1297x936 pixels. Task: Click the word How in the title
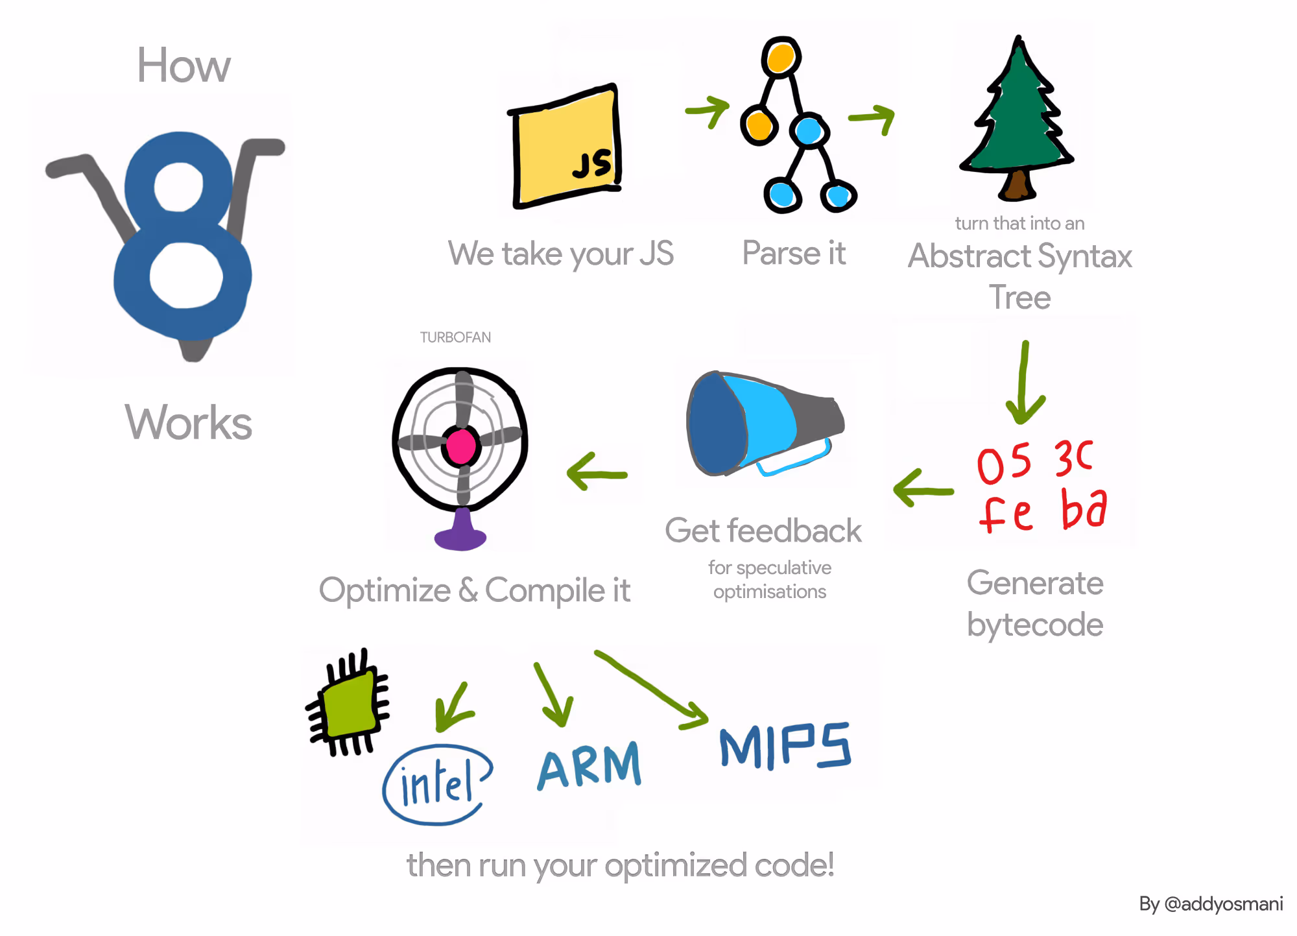(x=184, y=66)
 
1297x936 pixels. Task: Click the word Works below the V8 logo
(x=188, y=423)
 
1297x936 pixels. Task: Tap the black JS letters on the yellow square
(x=592, y=164)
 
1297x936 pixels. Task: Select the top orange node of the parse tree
(x=780, y=58)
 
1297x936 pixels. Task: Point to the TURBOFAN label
(x=455, y=337)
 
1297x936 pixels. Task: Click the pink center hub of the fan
(x=461, y=446)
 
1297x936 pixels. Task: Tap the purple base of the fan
(x=461, y=533)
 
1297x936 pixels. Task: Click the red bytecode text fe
(x=1005, y=514)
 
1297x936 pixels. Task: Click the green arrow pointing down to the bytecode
(x=1024, y=383)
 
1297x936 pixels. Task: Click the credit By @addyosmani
(x=1210, y=904)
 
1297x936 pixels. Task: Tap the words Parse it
(x=794, y=253)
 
